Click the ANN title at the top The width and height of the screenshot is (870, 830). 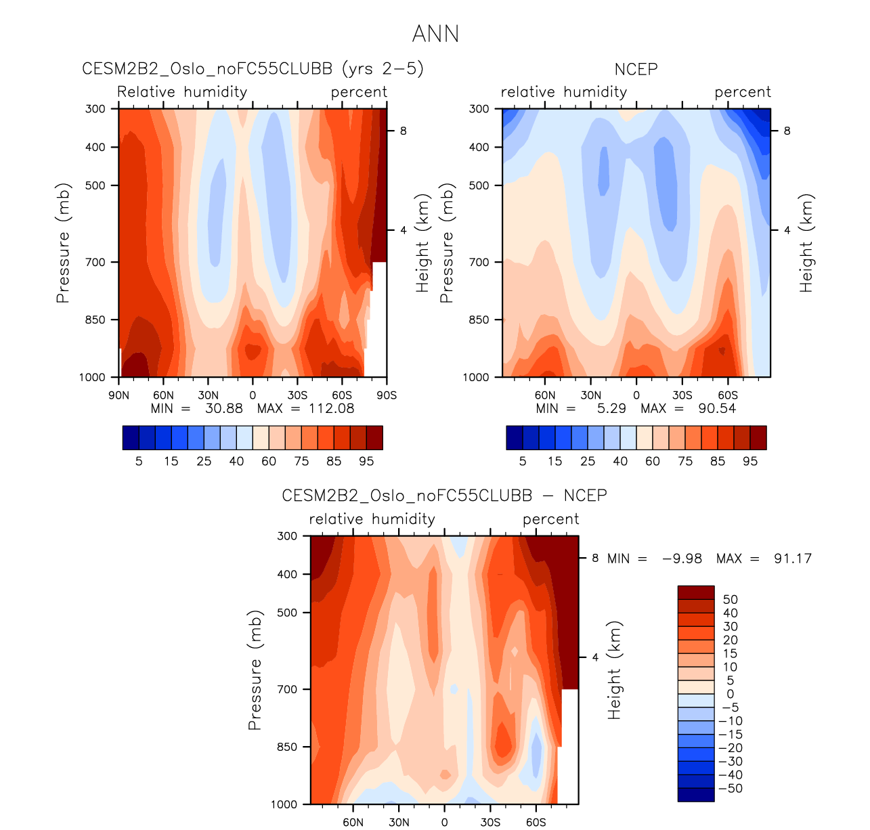(x=435, y=34)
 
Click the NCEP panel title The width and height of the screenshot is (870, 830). (x=636, y=69)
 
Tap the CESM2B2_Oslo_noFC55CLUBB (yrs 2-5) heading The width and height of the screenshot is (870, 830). (x=253, y=69)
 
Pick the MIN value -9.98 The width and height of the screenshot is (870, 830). (x=682, y=559)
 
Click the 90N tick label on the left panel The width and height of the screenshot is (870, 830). (x=118, y=395)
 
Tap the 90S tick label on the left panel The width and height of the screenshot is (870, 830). (x=387, y=395)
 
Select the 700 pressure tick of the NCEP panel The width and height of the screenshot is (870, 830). (x=479, y=262)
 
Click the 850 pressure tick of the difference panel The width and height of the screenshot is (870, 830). (x=287, y=747)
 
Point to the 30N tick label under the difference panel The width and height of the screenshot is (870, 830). (x=399, y=823)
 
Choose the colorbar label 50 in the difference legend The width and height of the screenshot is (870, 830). (x=730, y=600)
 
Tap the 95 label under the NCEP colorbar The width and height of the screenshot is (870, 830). (x=750, y=461)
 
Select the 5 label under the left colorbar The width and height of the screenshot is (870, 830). (x=139, y=461)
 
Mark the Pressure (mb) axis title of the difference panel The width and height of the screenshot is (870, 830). (x=255, y=670)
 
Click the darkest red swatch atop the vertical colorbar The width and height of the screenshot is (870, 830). (x=695, y=592)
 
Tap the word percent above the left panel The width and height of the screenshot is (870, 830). (x=359, y=92)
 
